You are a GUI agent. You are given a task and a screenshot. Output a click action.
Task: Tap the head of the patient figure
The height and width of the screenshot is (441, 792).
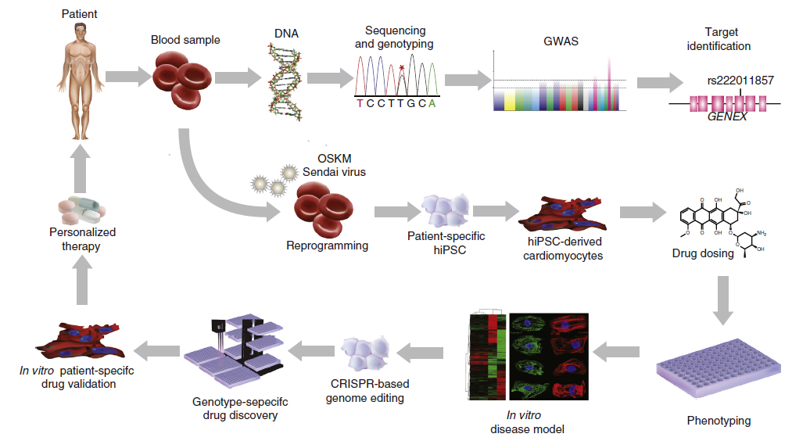pyautogui.click(x=81, y=34)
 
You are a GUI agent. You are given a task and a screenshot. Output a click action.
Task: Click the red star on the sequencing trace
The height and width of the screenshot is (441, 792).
pyautogui.click(x=402, y=69)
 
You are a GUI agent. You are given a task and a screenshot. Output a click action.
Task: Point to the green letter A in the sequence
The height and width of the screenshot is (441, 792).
pyautogui.click(x=432, y=103)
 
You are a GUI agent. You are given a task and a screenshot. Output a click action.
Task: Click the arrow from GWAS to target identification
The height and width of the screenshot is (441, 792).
pyautogui.click(x=658, y=81)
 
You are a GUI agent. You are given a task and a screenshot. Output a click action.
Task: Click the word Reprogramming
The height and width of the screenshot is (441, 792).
pyautogui.click(x=327, y=246)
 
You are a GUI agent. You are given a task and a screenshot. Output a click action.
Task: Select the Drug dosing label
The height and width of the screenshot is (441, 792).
pyautogui.click(x=703, y=253)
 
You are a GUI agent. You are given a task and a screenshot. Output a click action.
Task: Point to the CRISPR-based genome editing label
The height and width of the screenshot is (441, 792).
pyautogui.click(x=370, y=391)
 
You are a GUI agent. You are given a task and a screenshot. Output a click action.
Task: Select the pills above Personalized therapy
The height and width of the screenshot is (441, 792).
pyautogui.click(x=81, y=210)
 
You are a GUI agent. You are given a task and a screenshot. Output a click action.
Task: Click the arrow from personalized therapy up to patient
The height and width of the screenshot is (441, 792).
pyautogui.click(x=81, y=169)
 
